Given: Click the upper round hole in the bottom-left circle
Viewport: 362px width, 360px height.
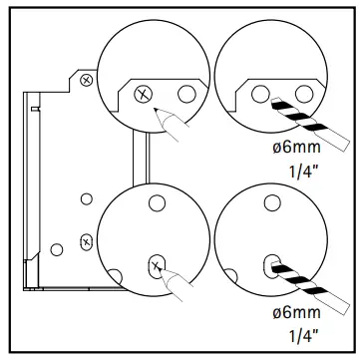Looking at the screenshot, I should [x=155, y=205].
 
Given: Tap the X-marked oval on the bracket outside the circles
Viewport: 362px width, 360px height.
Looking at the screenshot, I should [x=87, y=240].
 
